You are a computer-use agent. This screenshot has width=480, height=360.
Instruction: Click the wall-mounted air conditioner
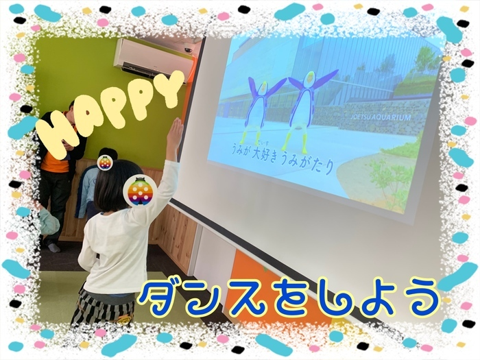click(154, 60)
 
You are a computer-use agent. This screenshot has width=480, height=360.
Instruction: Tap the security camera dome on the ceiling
click(189, 49)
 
